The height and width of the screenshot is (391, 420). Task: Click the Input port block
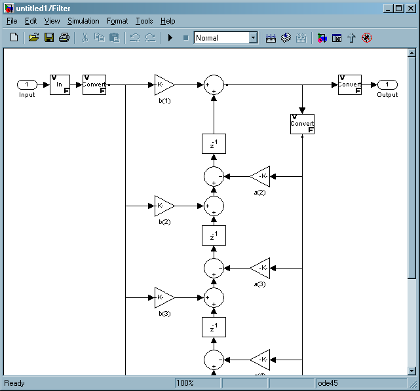coord(27,84)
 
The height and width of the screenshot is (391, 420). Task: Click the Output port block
coord(387,84)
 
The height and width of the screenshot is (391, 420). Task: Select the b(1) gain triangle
coord(164,84)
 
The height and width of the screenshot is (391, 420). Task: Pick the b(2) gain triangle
coord(164,206)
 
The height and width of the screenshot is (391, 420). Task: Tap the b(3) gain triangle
coord(164,297)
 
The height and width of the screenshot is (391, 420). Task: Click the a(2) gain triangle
coord(261,176)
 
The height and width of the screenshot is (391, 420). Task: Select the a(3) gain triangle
coord(261,268)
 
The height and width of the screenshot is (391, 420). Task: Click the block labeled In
coord(60,84)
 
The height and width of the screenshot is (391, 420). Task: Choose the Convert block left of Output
coord(350,84)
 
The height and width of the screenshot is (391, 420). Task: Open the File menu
coord(12,21)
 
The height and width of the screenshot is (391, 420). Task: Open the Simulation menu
coord(83,21)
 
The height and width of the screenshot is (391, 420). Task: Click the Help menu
coord(168,21)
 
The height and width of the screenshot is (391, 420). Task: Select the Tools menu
coord(144,21)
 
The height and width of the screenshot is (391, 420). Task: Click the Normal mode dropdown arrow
coord(253,38)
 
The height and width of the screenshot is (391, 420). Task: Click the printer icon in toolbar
coord(64,38)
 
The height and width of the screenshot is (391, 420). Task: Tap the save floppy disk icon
coord(49,38)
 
